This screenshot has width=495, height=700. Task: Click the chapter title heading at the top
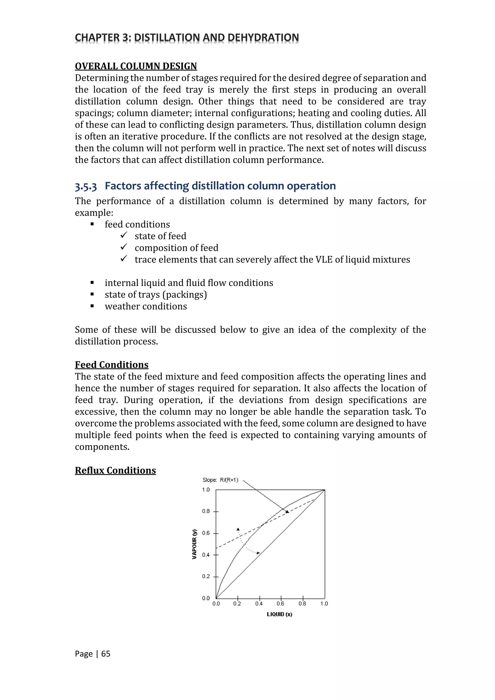coord(187,37)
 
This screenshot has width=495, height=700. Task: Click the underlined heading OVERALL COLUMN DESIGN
coord(136,66)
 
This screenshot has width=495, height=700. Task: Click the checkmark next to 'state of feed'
coord(124,235)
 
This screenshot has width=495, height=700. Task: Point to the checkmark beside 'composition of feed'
coord(124,247)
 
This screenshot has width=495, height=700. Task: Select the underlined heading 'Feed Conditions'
coord(112,365)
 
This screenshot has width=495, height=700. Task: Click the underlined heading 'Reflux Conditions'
coord(115,470)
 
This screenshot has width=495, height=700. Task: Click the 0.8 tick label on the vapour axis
coord(206,511)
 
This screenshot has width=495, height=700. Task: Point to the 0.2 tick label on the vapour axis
coord(206,576)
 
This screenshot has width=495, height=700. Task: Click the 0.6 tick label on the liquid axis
coord(280,604)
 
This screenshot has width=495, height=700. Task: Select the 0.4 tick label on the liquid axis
coord(259,604)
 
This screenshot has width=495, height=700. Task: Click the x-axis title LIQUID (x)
coord(279,614)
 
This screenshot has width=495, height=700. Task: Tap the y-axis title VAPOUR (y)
coord(195,544)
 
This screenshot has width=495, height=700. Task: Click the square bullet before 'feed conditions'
coord(92,224)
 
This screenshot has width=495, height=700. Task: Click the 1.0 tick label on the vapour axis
coord(206,490)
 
